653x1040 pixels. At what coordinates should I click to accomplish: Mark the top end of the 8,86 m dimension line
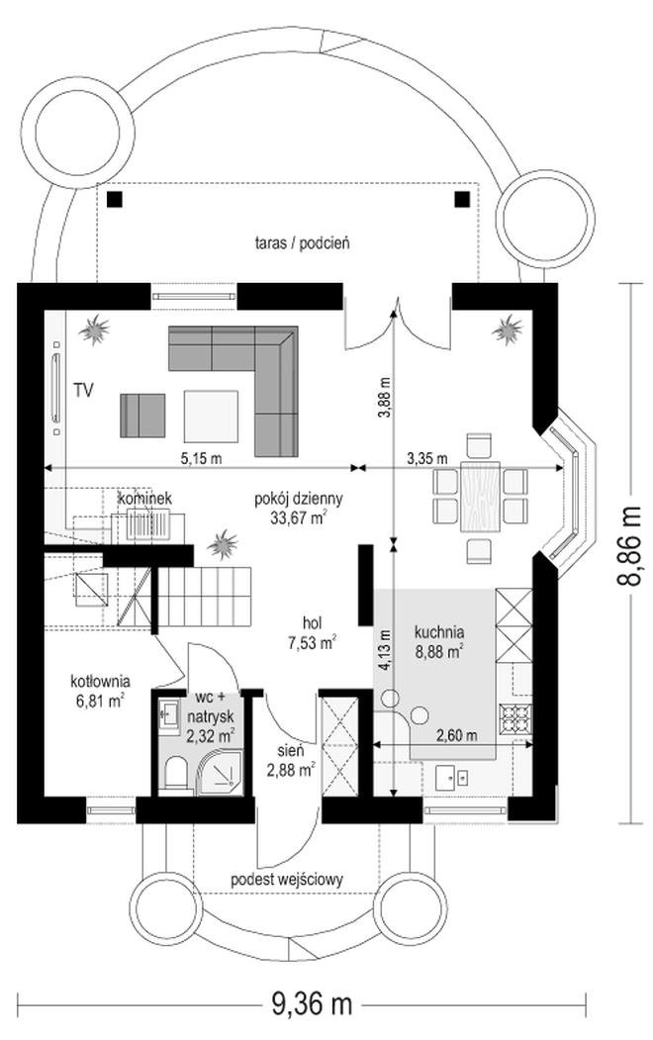(630, 284)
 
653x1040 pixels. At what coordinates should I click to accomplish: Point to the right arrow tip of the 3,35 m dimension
(565, 468)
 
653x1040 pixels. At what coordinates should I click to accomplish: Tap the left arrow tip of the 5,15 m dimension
(45, 468)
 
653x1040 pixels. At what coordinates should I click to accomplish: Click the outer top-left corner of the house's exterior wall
(17, 285)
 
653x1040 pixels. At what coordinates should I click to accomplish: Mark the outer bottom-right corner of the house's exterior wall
(556, 822)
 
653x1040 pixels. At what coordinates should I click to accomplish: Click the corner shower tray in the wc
(218, 772)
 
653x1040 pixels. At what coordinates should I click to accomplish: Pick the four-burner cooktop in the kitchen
(516, 717)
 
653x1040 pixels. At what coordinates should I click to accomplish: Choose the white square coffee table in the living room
(211, 416)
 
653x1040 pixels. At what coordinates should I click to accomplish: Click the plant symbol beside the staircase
(222, 544)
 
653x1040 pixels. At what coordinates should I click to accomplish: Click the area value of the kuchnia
(438, 652)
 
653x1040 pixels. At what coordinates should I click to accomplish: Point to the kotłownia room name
(101, 681)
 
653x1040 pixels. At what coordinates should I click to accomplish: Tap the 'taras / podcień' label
(303, 243)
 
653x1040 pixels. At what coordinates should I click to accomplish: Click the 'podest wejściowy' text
(287, 880)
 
